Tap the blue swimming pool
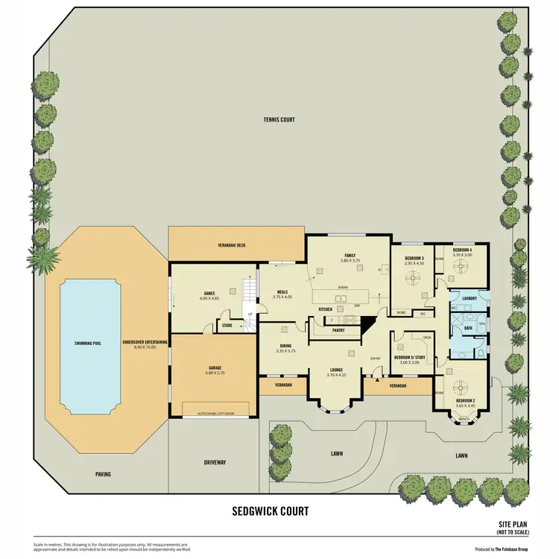[x=89, y=344]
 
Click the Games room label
[x=209, y=294]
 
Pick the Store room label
[x=227, y=325]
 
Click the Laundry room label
[x=469, y=298]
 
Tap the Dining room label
[x=285, y=347]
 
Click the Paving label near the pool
[x=103, y=474]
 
